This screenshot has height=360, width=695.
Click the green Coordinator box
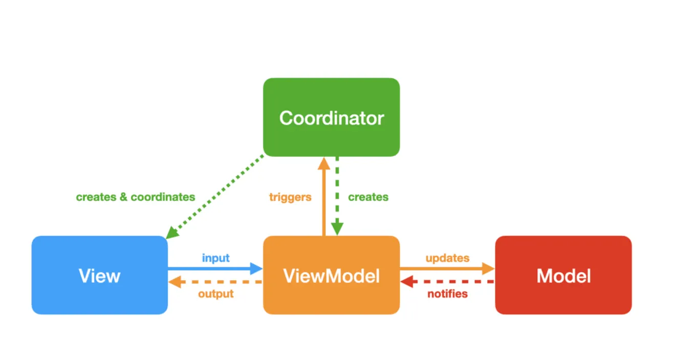coord(331,117)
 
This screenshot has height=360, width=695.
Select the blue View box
coord(99,275)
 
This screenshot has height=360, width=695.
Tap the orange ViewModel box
coord(331,275)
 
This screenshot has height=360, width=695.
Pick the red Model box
coord(563,275)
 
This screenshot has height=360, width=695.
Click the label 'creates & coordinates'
coord(135,197)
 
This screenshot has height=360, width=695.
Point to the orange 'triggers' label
coord(290,197)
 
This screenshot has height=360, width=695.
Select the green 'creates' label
coord(368,197)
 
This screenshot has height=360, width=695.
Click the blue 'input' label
coord(215,258)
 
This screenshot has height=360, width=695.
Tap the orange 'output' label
coord(215,294)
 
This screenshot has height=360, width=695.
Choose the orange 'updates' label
coord(447,258)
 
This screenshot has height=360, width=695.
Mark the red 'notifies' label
coord(447,294)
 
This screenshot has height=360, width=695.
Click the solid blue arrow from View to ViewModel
coord(215,268)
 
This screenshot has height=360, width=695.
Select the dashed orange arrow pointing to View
coord(215,282)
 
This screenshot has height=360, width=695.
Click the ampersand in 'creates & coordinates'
coord(123,197)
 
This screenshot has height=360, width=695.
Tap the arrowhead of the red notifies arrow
coord(407,282)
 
